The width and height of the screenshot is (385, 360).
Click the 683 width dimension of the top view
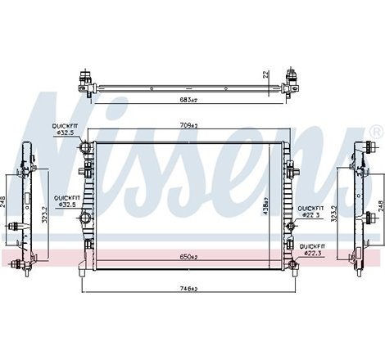pyautogui.click(x=189, y=100)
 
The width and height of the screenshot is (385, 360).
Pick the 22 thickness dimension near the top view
pyautogui.click(x=265, y=74)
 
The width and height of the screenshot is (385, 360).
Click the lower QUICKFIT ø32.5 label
pyautogui.click(x=66, y=200)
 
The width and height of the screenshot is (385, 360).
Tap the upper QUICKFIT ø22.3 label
pyautogui.click(x=314, y=210)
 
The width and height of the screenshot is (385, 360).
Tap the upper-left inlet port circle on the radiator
pyautogui.click(x=83, y=147)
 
